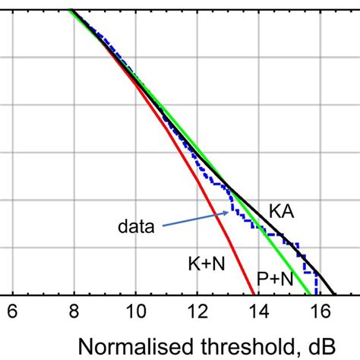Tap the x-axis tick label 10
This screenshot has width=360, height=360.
click(136, 312)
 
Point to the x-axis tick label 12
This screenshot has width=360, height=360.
click(197, 312)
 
